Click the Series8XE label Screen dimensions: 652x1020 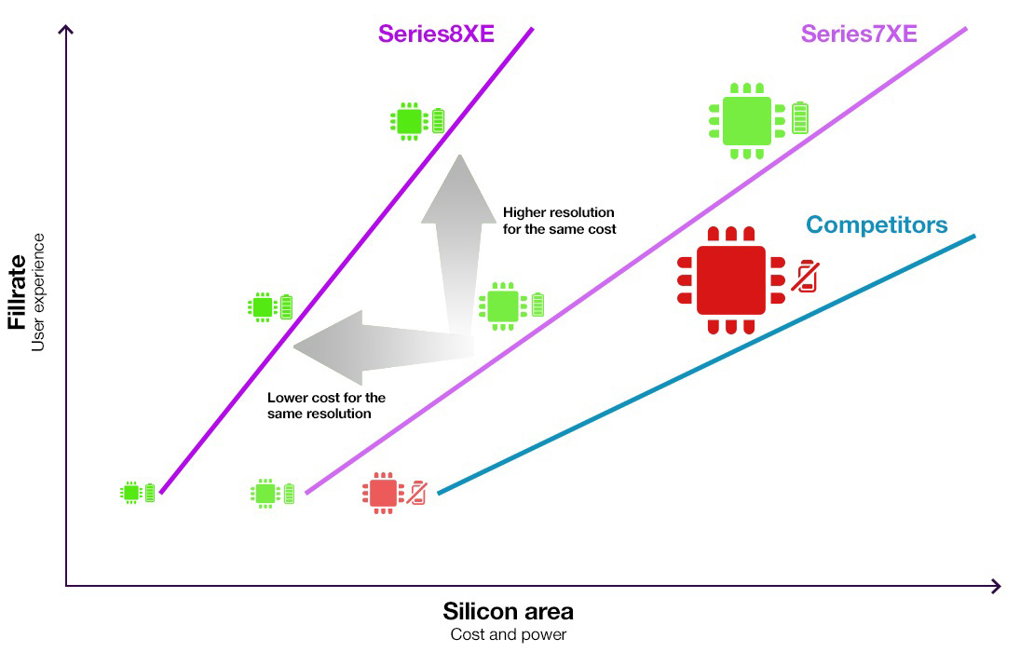(x=435, y=34)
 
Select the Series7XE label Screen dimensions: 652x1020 (x=859, y=34)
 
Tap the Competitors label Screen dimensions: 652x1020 (x=877, y=224)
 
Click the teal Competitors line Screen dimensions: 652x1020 (x=708, y=363)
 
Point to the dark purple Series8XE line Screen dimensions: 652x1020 (x=347, y=261)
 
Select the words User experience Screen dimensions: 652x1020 (x=39, y=292)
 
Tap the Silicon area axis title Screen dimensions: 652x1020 (x=508, y=612)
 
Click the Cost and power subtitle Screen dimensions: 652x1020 (x=508, y=635)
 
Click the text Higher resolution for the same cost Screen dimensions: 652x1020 (x=559, y=221)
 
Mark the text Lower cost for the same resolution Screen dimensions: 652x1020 (x=326, y=405)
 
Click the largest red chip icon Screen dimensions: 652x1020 (x=730, y=279)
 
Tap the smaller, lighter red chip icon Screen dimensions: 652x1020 (x=383, y=493)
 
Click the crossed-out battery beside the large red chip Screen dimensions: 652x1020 (x=805, y=276)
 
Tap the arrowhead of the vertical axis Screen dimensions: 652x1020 (x=65, y=30)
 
